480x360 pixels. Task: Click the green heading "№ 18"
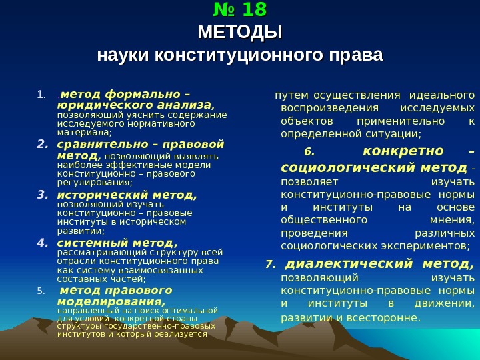[240, 10]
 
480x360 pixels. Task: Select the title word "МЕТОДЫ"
[240, 32]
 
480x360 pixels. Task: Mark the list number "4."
[43, 243]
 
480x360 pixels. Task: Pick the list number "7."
[269, 265]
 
